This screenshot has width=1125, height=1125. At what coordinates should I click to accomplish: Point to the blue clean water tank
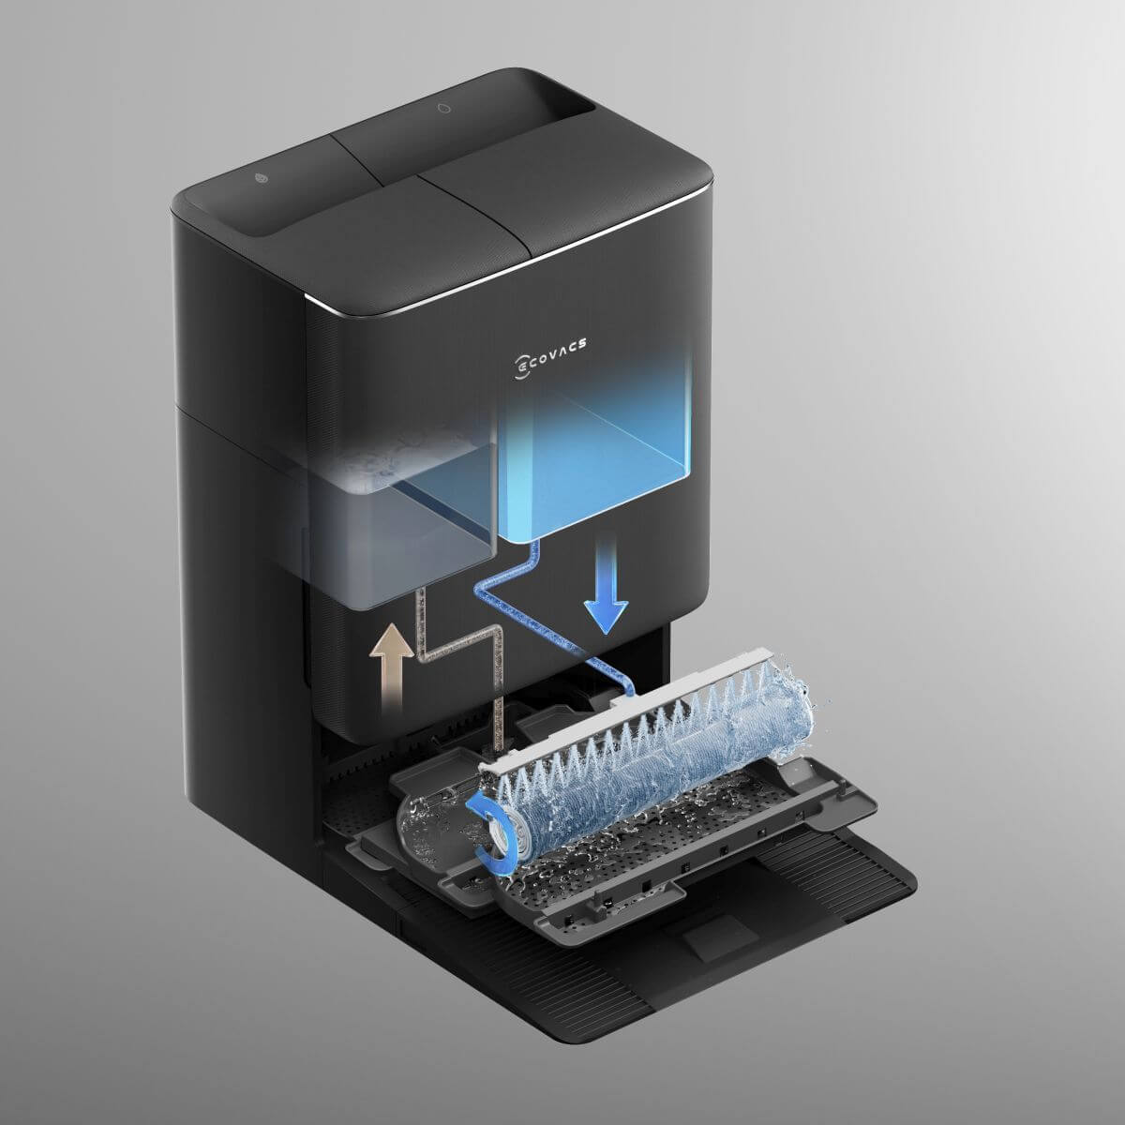[x=595, y=450]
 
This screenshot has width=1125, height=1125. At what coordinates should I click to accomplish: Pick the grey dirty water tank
[x=403, y=519]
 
